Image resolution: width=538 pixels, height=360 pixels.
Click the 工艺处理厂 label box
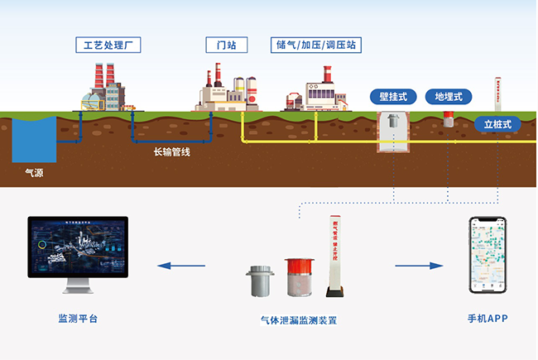pos(107,44)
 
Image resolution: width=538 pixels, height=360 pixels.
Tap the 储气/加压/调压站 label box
pos(318,44)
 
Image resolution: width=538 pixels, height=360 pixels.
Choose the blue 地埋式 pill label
pos(449,97)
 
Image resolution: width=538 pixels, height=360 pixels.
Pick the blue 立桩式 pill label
pos(498,125)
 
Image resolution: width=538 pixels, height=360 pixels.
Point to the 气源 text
pos(34,174)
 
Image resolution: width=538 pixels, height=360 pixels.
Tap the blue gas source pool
pos(34,139)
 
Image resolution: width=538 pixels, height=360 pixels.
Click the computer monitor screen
pos(78,247)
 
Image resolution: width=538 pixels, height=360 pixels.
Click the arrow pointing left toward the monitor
pos(181,266)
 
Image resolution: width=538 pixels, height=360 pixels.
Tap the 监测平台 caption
pos(78,319)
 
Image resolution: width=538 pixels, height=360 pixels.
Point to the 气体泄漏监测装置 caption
pos(298,319)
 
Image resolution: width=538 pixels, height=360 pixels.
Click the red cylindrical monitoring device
pos(298,278)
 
